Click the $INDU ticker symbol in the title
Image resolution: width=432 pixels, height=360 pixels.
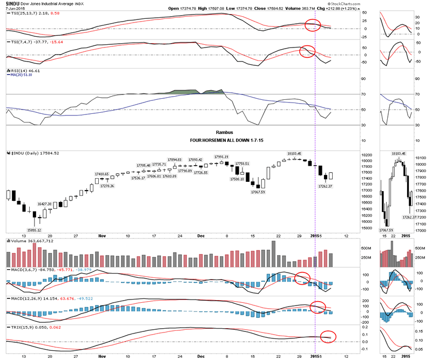click(x=13, y=3)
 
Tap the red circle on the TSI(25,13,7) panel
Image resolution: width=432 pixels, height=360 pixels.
click(x=313, y=25)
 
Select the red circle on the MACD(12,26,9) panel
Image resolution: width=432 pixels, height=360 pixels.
click(x=320, y=307)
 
